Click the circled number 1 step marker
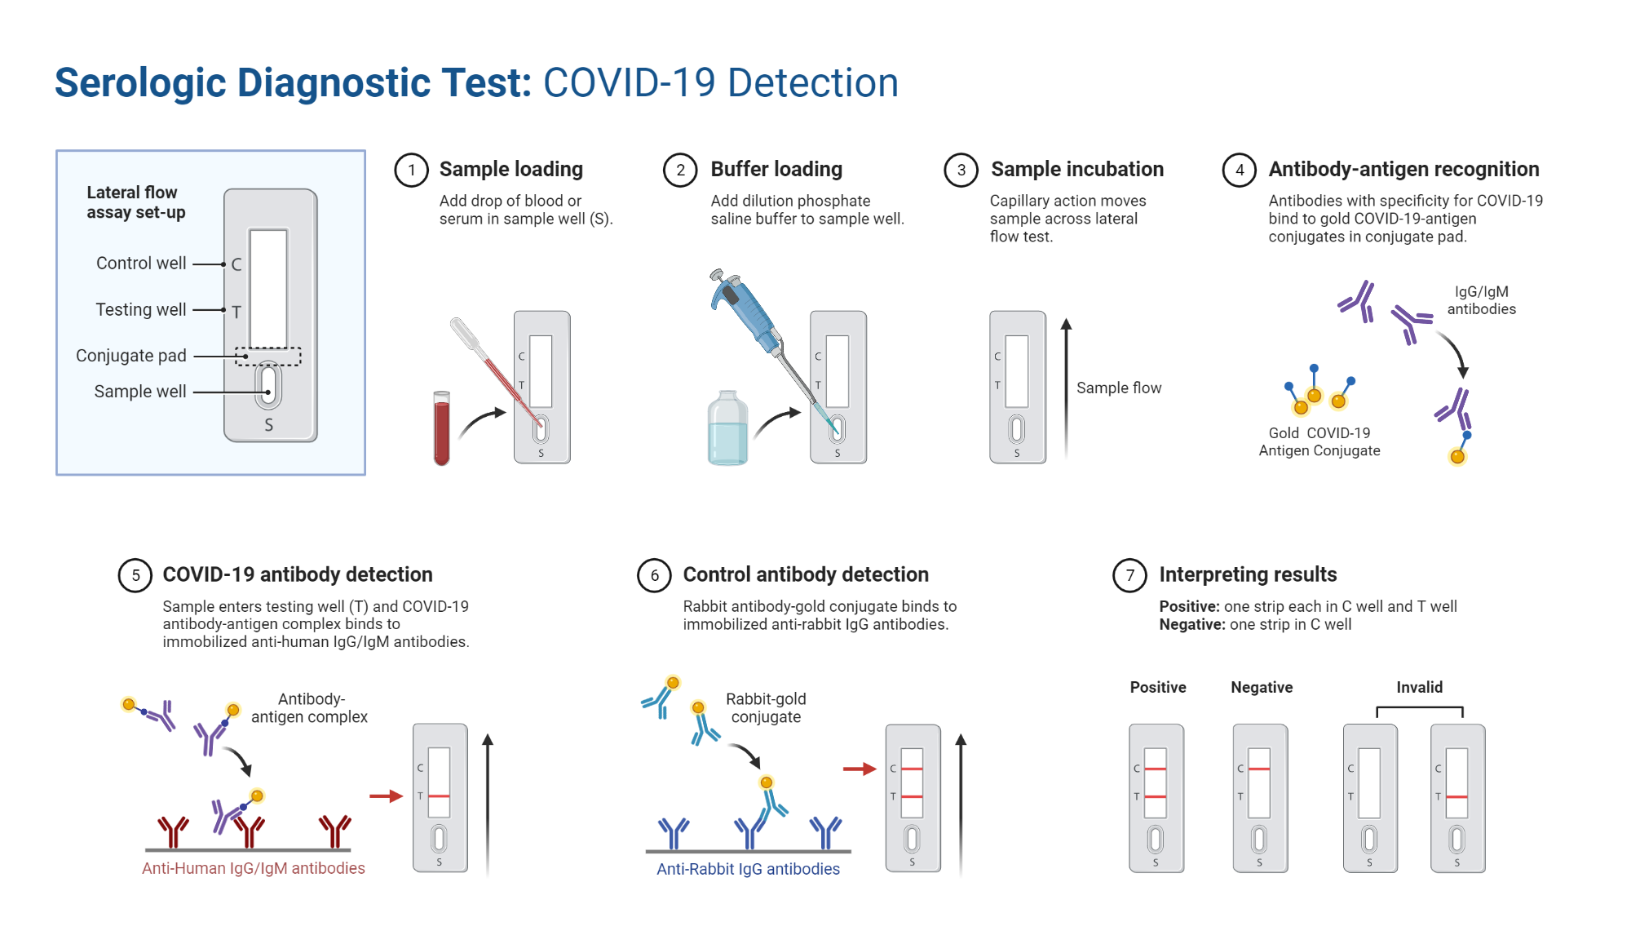pos(412,170)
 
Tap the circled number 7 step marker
pos(1129,575)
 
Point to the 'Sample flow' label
pos(1118,388)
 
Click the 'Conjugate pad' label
pos(131,356)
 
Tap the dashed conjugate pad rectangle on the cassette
pos(268,357)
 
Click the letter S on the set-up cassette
pos(268,425)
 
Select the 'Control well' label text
pos(141,264)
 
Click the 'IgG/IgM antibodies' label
pos(1481,300)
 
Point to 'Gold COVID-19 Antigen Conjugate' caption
pos(1319,441)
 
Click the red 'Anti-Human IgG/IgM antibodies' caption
pos(253,868)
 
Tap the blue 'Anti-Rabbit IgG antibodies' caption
pos(748,869)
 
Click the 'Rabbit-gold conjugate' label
pos(766,707)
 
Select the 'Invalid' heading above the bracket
pos(1419,687)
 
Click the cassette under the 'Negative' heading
pos(1260,798)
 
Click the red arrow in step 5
pos(386,796)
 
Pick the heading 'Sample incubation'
pos(1076,170)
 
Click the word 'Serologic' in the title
pos(140,83)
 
